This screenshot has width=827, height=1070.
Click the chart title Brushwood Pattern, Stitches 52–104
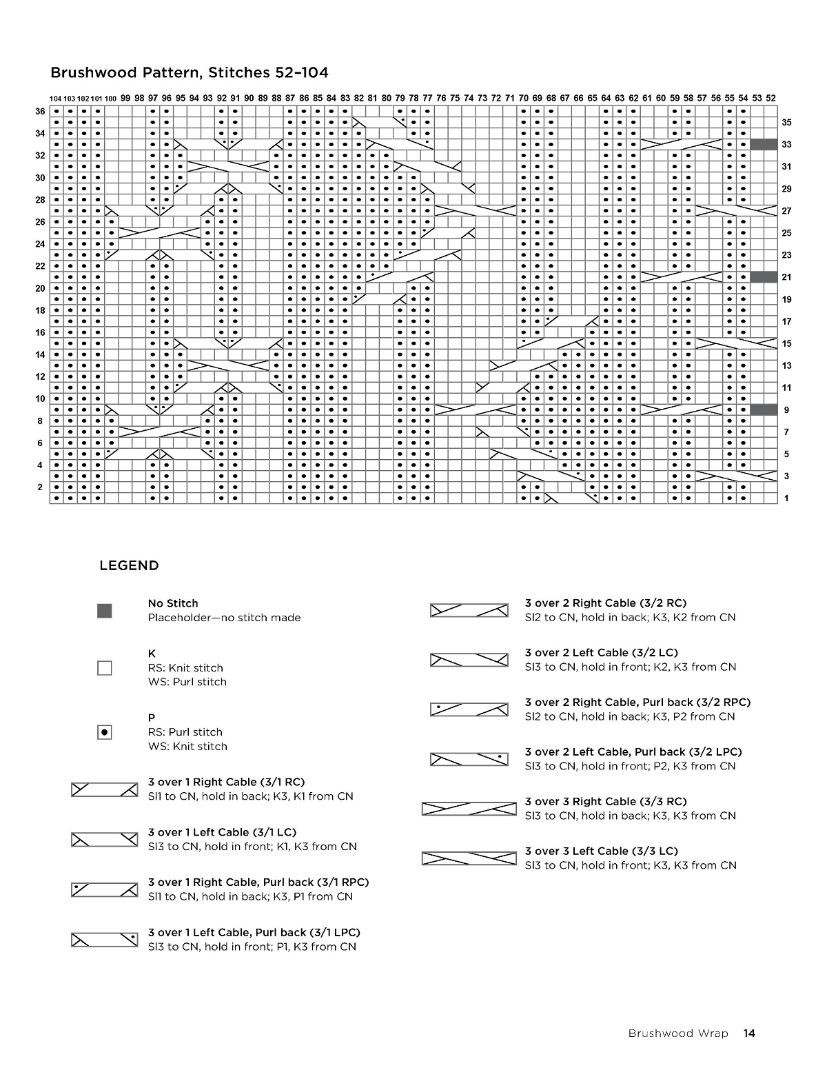click(190, 72)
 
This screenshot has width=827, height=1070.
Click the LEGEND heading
click(130, 566)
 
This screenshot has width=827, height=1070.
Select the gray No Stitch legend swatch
click(105, 611)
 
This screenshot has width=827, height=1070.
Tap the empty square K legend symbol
click(105, 668)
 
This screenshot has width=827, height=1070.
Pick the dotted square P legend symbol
click(105, 732)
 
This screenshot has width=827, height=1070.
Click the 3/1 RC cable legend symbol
click(105, 790)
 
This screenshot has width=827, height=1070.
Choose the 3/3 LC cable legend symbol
click(469, 858)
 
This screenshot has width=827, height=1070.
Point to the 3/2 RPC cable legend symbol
click(469, 709)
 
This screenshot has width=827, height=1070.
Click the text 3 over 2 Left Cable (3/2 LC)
click(601, 652)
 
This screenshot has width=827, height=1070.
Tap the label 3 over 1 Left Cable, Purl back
click(254, 932)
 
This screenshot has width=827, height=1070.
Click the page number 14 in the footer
click(749, 1033)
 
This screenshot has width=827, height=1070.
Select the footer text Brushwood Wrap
click(677, 1033)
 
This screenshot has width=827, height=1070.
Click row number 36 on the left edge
click(40, 112)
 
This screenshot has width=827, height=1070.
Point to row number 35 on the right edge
click(786, 123)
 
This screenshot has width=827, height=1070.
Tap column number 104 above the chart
click(56, 99)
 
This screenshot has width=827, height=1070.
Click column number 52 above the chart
click(770, 99)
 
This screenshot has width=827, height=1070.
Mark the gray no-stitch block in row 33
click(764, 145)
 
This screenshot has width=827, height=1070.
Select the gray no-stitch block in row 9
click(764, 410)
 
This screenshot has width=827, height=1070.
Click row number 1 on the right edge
click(786, 498)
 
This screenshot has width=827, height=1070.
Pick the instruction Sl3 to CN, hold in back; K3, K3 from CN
click(630, 816)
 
